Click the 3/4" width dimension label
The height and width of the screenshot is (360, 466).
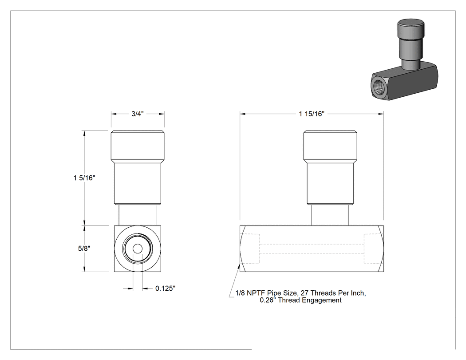point(138,114)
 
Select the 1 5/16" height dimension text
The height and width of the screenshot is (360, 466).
point(84,178)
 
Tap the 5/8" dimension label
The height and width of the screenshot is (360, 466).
point(84,249)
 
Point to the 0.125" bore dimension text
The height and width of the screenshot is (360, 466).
point(165,289)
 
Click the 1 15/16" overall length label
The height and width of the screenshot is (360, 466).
point(312,114)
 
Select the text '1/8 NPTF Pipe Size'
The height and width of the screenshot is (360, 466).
point(266,293)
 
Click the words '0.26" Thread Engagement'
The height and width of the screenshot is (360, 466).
point(300,300)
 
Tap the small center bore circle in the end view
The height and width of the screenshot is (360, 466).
point(137,249)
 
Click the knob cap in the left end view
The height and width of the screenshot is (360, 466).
point(138,146)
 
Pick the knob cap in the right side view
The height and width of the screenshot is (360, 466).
point(330,146)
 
